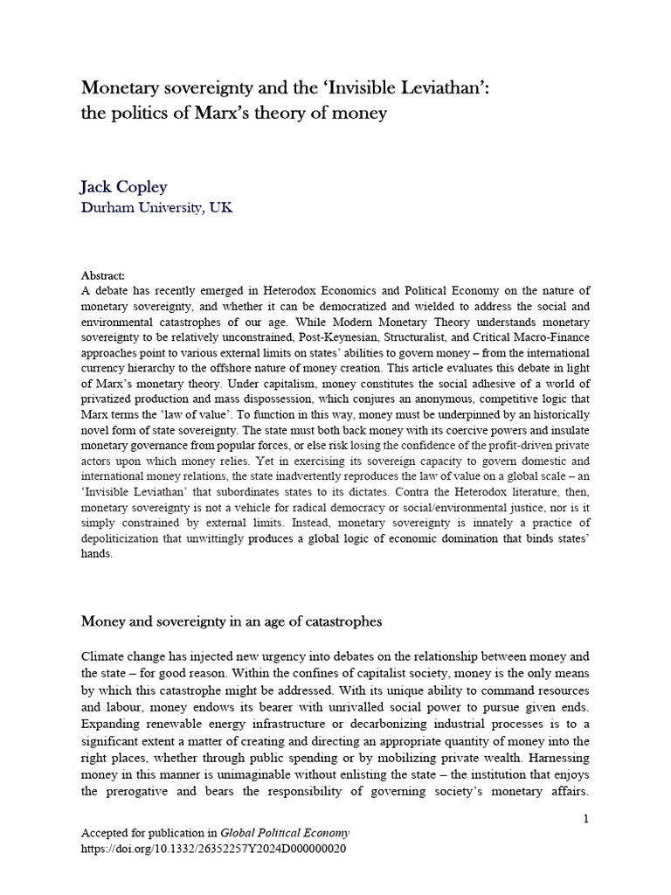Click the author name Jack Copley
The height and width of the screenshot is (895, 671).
125,187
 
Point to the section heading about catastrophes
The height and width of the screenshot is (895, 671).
232,621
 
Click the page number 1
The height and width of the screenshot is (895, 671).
586,818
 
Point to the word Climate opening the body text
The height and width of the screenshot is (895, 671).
106,656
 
